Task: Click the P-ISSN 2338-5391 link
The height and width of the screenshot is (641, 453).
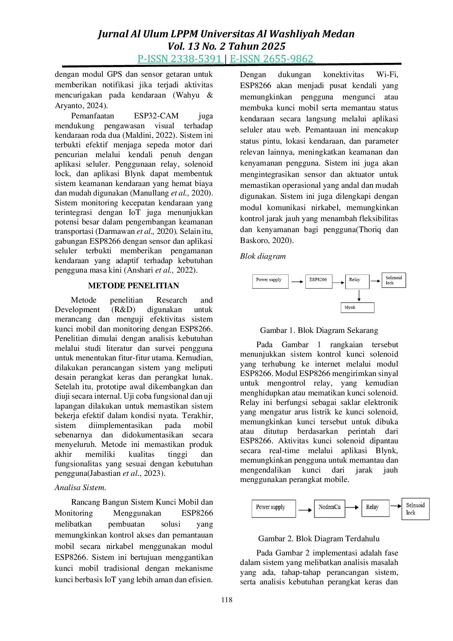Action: [x=180, y=59]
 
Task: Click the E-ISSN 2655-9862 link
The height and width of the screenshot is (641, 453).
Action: [x=272, y=59]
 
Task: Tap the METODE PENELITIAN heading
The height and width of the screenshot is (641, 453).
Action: [x=134, y=286]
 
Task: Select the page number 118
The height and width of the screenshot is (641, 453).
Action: [x=226, y=600]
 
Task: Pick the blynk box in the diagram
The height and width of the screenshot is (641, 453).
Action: [x=357, y=308]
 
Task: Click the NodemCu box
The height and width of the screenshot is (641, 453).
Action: [x=330, y=508]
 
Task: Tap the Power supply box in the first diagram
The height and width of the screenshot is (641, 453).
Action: [x=270, y=281]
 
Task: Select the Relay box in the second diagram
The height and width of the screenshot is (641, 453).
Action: [x=375, y=508]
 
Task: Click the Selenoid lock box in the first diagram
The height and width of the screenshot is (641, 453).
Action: [x=393, y=280]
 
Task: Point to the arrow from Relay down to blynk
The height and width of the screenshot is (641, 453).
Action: [x=359, y=296]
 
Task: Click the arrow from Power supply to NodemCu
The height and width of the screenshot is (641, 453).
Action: [x=305, y=510]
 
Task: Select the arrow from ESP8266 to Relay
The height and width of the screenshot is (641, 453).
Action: [x=339, y=282]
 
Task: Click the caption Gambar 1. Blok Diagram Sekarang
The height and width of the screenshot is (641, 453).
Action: [x=319, y=330]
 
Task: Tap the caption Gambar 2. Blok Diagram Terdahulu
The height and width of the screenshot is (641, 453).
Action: [x=319, y=539]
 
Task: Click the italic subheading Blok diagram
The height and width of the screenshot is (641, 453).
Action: [x=263, y=256]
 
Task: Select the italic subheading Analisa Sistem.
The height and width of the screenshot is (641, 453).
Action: [x=80, y=488]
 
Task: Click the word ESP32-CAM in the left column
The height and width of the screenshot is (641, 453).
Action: [x=156, y=116]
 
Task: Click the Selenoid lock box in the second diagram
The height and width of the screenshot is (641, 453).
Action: [x=415, y=509]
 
